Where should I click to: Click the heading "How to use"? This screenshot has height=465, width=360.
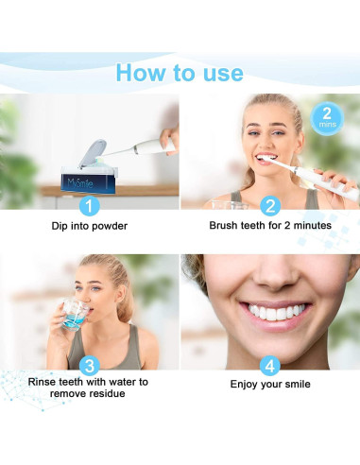pyautogui.click(x=180, y=72)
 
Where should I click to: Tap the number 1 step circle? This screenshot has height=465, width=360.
pyautogui.click(x=90, y=205)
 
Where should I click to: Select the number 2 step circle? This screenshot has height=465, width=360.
pyautogui.click(x=270, y=205)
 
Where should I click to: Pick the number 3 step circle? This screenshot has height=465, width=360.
pyautogui.click(x=90, y=364)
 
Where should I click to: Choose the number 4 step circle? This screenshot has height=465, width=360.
pyautogui.click(x=270, y=364)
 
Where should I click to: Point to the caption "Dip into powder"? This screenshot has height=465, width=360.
pyautogui.click(x=90, y=227)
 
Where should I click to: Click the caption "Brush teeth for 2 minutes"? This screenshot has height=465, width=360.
pyautogui.click(x=270, y=227)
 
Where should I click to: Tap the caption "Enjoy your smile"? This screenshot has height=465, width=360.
pyautogui.click(x=270, y=385)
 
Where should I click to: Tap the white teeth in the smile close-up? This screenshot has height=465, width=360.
pyautogui.click(x=272, y=311)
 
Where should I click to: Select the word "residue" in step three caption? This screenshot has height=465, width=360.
pyautogui.click(x=110, y=395)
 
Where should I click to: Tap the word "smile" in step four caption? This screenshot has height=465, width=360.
pyautogui.click(x=296, y=385)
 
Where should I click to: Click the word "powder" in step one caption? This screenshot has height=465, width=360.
pyautogui.click(x=111, y=227)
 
